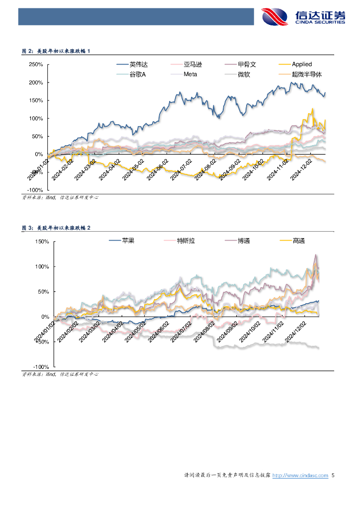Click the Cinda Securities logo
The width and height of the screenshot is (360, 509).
(x=303, y=17)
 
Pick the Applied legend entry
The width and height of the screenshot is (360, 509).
(x=301, y=64)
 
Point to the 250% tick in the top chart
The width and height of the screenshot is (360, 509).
(x=36, y=65)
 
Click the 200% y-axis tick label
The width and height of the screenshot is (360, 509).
(x=36, y=83)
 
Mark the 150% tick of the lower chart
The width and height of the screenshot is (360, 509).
(x=41, y=242)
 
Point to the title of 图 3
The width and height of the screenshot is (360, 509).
(x=56, y=228)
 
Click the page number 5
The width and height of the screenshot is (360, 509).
(x=333, y=476)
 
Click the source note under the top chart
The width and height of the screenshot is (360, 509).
(x=60, y=197)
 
